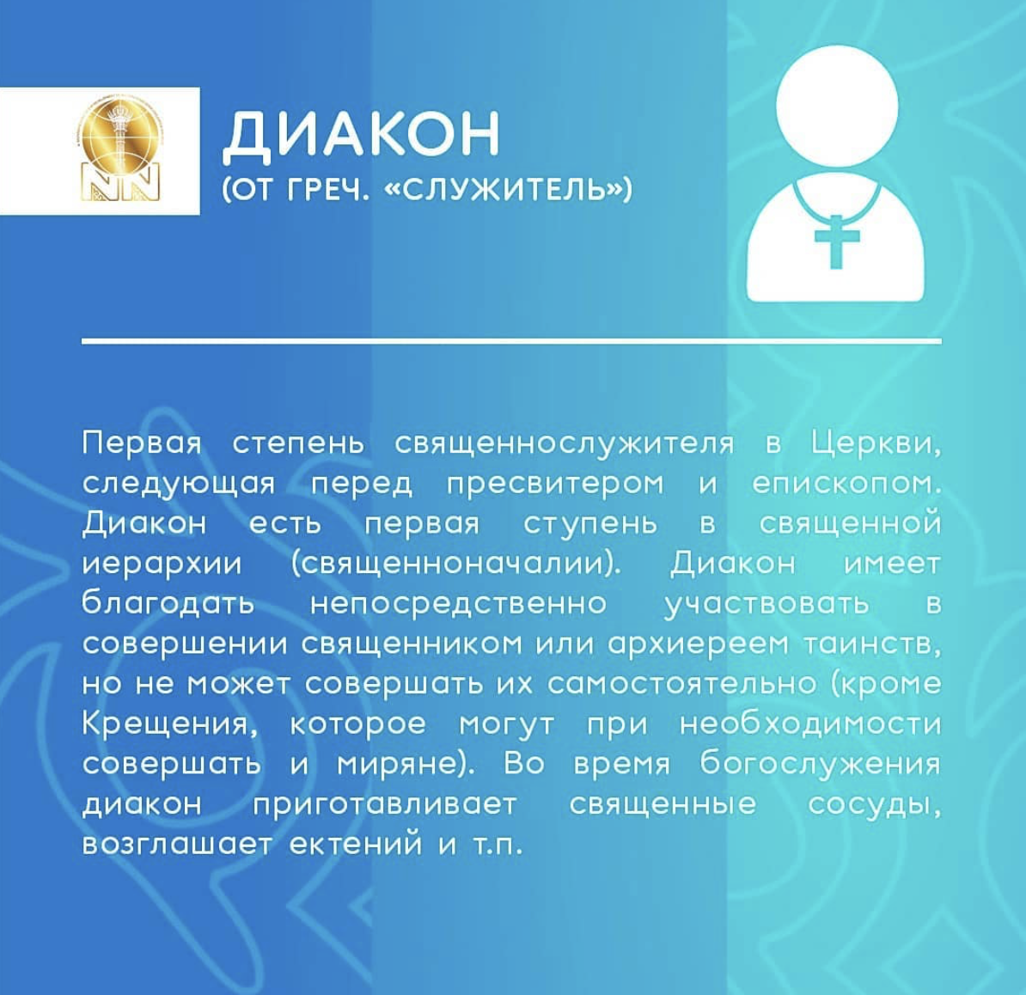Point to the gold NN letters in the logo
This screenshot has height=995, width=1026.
[119, 181]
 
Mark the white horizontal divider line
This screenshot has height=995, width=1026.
[511, 341]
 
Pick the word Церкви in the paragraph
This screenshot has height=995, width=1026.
[876, 445]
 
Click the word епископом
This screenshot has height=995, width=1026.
[846, 484]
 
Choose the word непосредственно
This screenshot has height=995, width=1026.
[459, 605]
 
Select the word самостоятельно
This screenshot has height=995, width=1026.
[681, 684]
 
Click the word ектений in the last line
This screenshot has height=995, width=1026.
[357, 845]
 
